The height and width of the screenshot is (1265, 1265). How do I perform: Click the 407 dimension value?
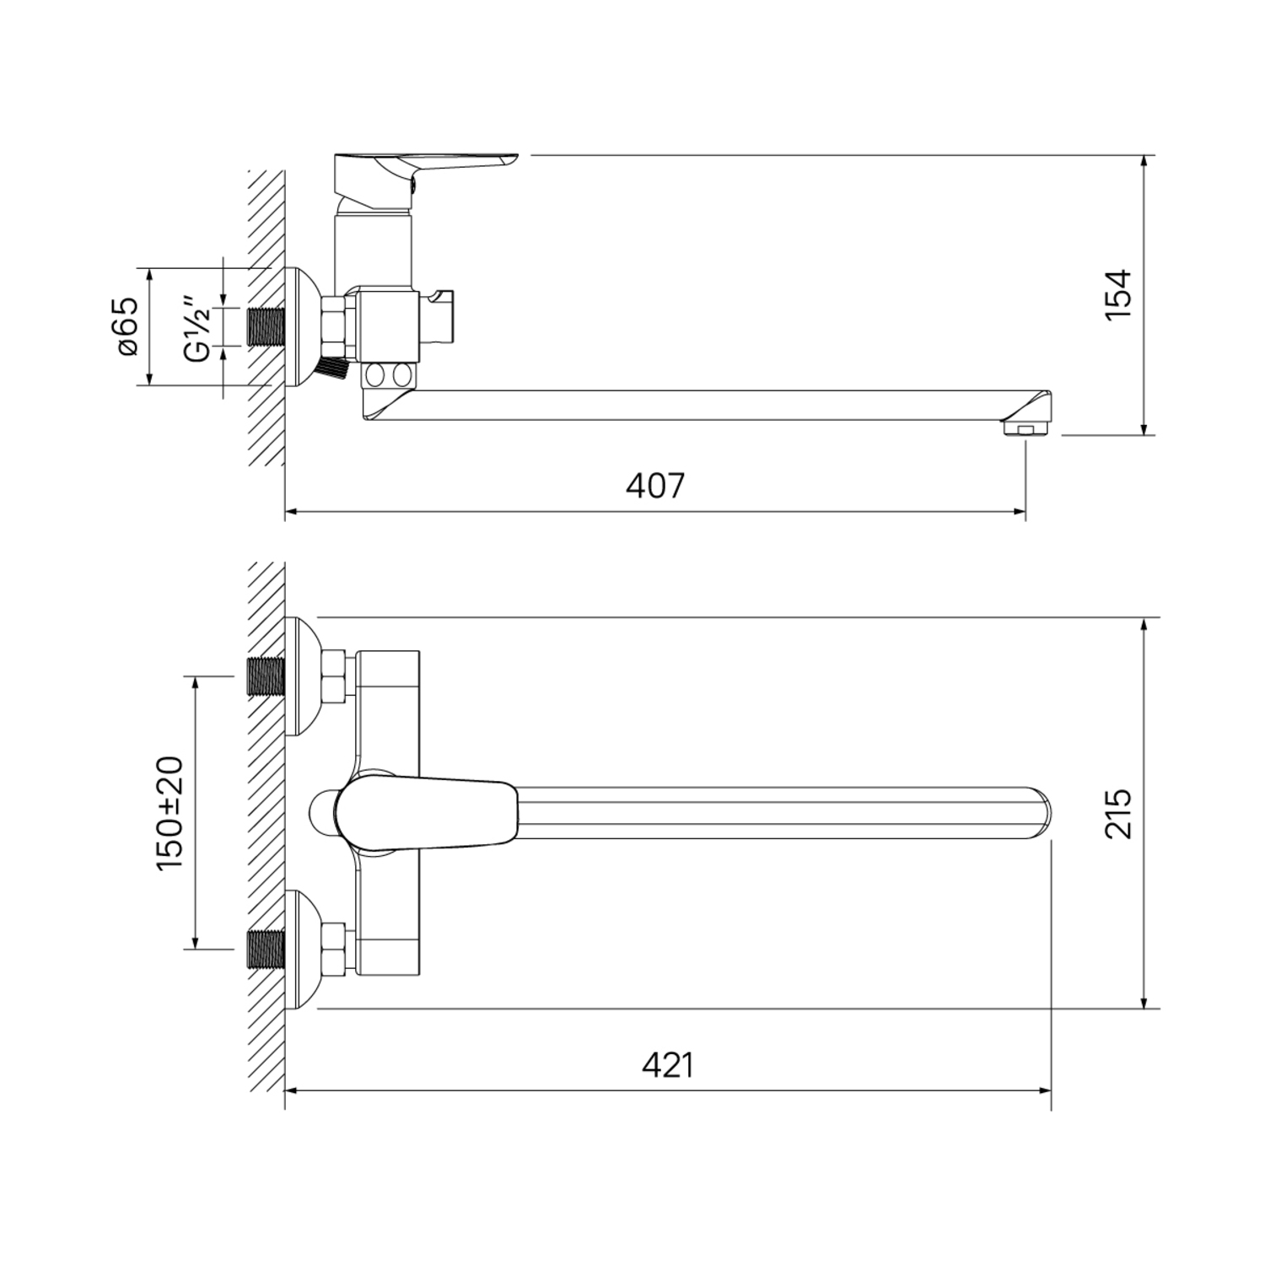[655, 486]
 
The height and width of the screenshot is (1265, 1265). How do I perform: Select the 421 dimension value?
[668, 1065]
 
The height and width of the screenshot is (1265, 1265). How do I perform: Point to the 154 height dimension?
[1118, 294]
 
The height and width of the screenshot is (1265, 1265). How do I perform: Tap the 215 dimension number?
[1118, 813]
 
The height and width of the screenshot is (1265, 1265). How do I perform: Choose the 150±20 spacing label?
[170, 813]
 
